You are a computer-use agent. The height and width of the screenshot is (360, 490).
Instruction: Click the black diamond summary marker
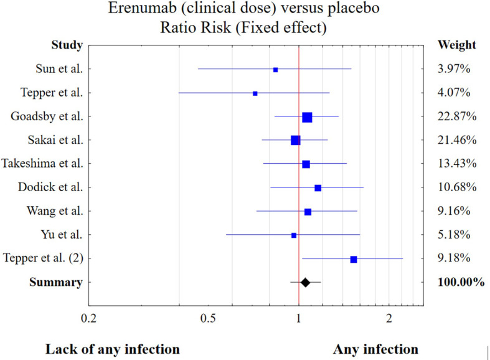click(305, 282)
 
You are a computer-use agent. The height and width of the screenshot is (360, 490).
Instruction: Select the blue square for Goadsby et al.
click(307, 117)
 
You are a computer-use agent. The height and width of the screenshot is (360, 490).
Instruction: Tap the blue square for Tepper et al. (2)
click(354, 259)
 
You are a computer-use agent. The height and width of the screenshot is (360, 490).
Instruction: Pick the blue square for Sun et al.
click(276, 70)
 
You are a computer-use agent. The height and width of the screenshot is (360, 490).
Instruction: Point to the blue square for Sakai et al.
click(295, 141)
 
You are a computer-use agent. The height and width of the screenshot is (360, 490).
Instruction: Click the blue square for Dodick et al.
click(318, 187)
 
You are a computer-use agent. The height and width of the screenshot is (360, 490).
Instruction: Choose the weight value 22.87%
click(457, 116)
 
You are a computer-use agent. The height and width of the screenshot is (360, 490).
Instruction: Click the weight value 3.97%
click(454, 69)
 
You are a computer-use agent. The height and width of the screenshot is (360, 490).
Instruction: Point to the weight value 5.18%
click(454, 235)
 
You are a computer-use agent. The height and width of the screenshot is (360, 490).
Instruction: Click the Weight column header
click(457, 45)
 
